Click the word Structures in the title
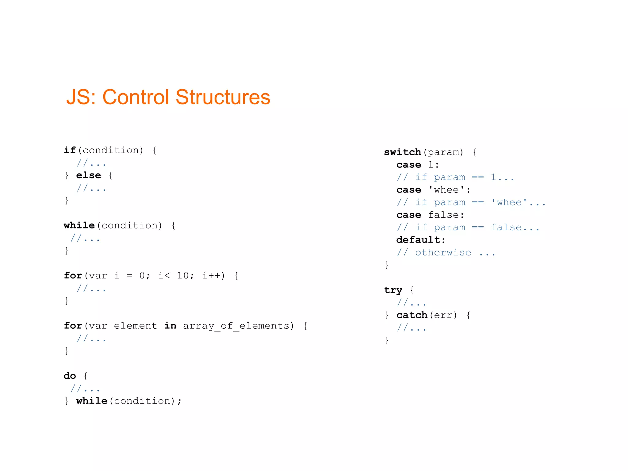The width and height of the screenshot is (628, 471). click(223, 97)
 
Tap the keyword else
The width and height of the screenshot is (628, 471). click(88, 175)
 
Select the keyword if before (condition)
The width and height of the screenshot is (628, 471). click(70, 150)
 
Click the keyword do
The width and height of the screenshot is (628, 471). click(70, 376)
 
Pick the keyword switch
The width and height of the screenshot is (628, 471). click(402, 152)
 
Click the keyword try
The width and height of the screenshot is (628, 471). click(393, 290)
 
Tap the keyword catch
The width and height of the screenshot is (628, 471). click(412, 315)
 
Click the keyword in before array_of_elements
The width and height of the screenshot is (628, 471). click(170, 326)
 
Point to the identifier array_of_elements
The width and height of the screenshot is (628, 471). click(236, 326)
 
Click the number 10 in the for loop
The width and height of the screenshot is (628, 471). click(183, 275)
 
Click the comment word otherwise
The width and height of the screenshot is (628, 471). click(443, 252)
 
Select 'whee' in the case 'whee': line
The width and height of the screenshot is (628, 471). click(446, 190)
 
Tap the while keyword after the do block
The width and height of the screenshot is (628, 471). click(91, 401)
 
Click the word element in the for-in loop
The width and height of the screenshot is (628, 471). click(136, 326)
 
